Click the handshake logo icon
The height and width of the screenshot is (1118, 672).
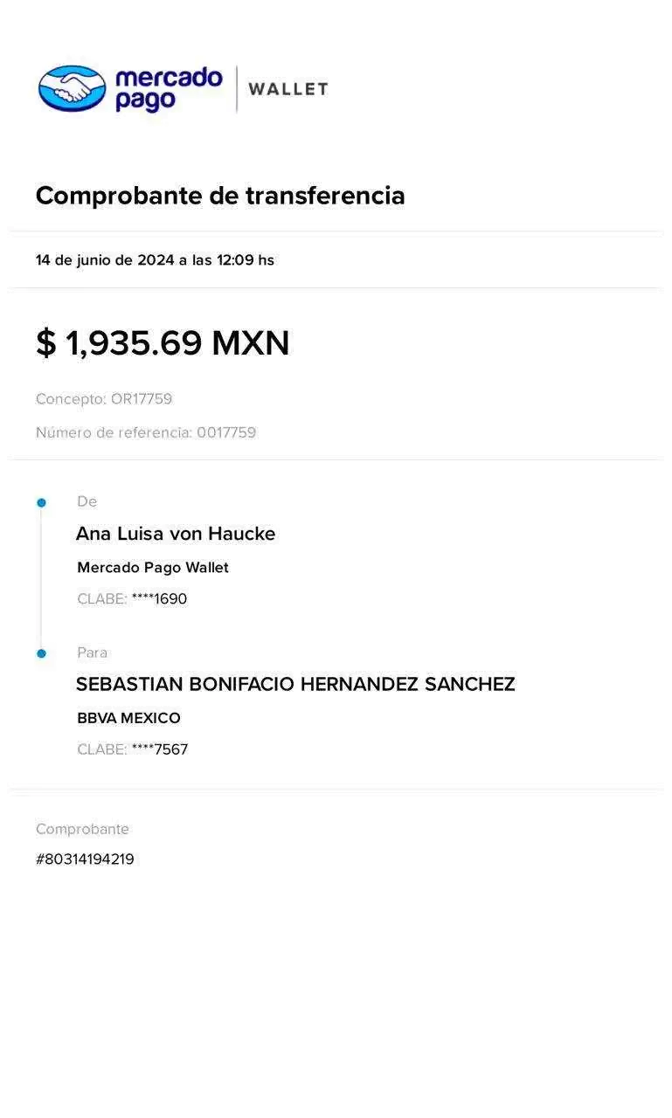[x=73, y=88]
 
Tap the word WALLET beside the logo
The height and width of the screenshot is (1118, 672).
[x=288, y=89]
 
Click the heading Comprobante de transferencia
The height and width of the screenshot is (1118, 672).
[x=220, y=195]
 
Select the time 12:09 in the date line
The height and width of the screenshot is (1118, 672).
[x=235, y=260]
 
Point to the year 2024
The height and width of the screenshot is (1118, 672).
[x=156, y=260]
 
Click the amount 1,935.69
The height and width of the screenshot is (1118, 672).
[x=134, y=343]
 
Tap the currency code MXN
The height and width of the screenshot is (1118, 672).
[x=251, y=343]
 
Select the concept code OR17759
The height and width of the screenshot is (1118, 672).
[x=142, y=399]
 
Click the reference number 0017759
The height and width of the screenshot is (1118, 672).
[x=226, y=432]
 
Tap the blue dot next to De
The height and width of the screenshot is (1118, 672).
[x=41, y=502]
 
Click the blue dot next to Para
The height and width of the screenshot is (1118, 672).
[x=41, y=653]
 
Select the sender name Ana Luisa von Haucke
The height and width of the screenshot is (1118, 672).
[x=176, y=534]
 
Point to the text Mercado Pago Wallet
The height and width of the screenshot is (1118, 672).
[x=153, y=568]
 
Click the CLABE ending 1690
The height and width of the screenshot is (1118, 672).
[x=159, y=598]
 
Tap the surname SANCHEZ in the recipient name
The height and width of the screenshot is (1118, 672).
[x=470, y=684]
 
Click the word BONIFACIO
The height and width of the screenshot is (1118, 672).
[x=242, y=684]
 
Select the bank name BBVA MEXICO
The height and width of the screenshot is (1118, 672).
[x=128, y=718]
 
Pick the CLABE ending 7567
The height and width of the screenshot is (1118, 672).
[x=160, y=749]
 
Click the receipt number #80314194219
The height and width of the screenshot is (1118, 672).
[x=85, y=859]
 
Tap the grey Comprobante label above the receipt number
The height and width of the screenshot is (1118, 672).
[x=82, y=829]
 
